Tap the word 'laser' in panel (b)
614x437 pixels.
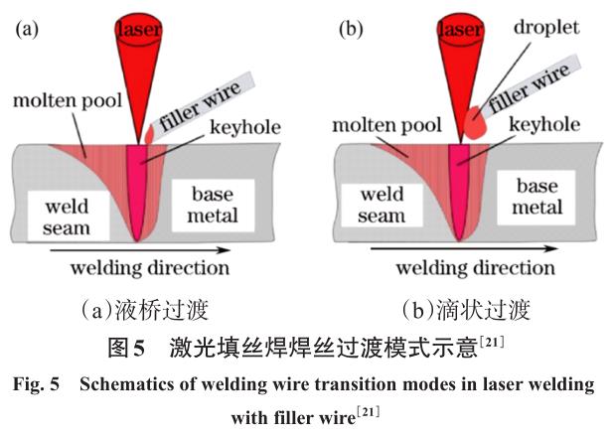(x=459, y=30)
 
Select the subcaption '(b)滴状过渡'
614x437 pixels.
(x=465, y=310)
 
